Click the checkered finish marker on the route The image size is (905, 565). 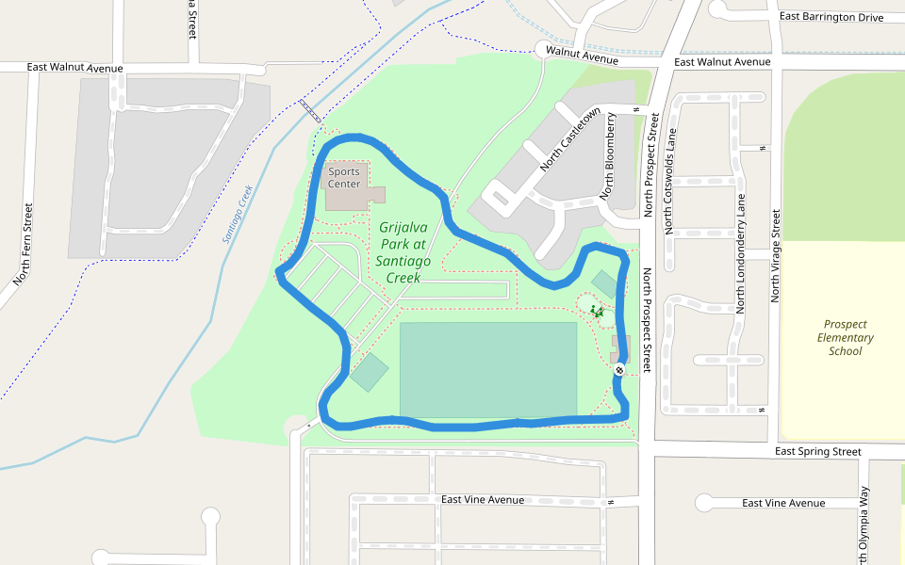click(619, 370)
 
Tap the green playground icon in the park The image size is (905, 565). click(596, 310)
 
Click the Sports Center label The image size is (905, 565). click(344, 178)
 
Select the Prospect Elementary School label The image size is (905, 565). click(845, 337)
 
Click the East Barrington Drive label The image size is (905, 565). click(831, 17)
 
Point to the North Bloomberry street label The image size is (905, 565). click(610, 156)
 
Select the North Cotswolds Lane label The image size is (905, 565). click(670, 181)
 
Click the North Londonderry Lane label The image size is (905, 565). click(741, 253)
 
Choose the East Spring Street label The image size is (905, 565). click(817, 452)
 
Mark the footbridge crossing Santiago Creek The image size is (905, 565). click(310, 111)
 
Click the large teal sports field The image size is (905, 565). click(487, 369)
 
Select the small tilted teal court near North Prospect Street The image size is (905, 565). click(603, 283)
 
